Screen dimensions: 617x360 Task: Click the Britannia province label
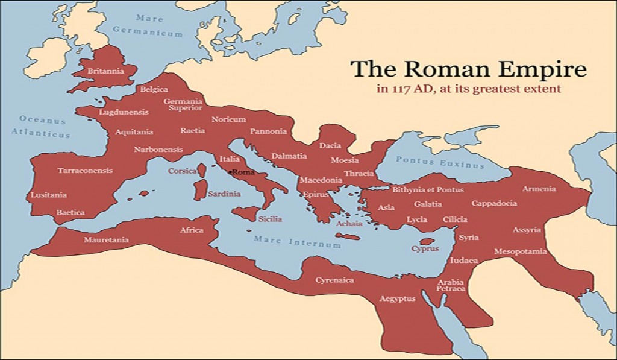pyautogui.click(x=105, y=71)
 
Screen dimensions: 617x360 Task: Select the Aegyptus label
pyautogui.click(x=398, y=298)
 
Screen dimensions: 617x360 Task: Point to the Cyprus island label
pyautogui.click(x=425, y=248)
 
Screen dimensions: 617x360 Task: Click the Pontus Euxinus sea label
pyautogui.click(x=440, y=163)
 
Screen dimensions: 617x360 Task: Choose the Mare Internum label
pyautogui.click(x=297, y=242)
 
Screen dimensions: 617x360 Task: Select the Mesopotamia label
pyautogui.click(x=520, y=251)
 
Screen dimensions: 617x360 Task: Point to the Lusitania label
pyautogui.click(x=49, y=195)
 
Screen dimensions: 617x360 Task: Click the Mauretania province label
pyautogui.click(x=106, y=240)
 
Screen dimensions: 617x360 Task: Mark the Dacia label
pyautogui.click(x=330, y=145)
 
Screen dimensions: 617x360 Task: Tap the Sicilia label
pyautogui.click(x=269, y=219)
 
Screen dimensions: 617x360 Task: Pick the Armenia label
pyautogui.click(x=539, y=189)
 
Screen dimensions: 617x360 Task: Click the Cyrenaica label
pyautogui.click(x=335, y=280)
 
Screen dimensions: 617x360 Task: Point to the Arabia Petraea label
pyautogui.click(x=451, y=285)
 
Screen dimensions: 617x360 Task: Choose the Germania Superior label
pyautogui.click(x=183, y=105)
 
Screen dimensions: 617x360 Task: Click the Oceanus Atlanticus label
pyautogui.click(x=43, y=127)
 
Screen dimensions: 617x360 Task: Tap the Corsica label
pyautogui.click(x=182, y=171)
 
